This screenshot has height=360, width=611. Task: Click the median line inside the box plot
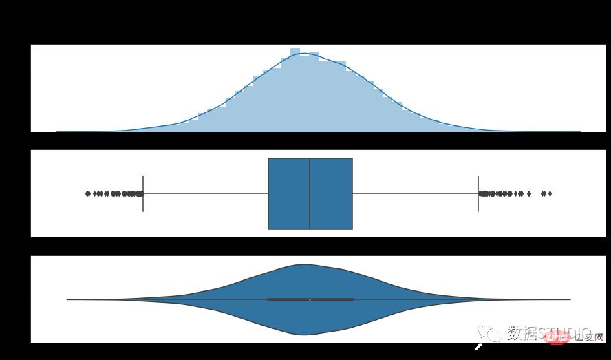(310, 193)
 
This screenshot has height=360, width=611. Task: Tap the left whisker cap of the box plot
(142, 193)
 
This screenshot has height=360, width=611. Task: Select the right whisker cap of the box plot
(478, 193)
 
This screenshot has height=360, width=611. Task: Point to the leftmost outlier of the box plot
(87, 193)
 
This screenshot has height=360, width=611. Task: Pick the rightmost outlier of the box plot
(550, 193)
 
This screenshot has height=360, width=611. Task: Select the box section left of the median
(289, 193)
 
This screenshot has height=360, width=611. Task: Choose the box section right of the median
(331, 193)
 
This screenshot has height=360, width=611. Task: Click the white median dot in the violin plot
(310, 299)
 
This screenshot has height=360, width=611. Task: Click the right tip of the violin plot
(570, 299)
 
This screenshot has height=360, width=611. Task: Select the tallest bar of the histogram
(294, 89)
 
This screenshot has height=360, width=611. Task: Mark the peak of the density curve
(305, 54)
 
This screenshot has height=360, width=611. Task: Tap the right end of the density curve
(579, 131)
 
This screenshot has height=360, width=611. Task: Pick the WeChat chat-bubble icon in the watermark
(493, 334)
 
